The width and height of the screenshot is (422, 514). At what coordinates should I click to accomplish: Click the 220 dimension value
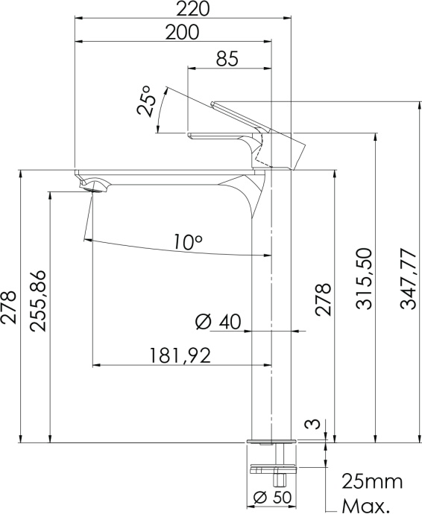click(x=192, y=8)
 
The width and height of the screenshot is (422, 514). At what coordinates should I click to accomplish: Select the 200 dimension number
click(x=182, y=32)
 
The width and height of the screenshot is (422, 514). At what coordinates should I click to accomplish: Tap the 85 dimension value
click(x=227, y=59)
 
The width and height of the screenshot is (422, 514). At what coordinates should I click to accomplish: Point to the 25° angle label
click(x=144, y=101)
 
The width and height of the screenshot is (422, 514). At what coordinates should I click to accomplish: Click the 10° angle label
click(x=188, y=242)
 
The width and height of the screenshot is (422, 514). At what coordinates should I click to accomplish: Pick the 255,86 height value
click(x=37, y=301)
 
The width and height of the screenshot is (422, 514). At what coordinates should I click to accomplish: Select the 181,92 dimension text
click(x=180, y=355)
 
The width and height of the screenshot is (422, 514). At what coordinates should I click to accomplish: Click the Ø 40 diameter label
click(x=218, y=322)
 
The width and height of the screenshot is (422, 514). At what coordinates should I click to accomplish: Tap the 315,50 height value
click(x=365, y=279)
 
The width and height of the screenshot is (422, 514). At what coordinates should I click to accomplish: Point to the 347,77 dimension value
click(x=408, y=279)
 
